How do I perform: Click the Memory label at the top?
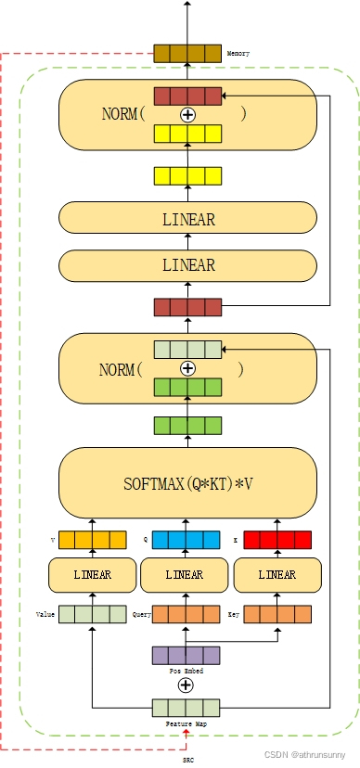click(x=238, y=54)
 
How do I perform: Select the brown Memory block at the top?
click(x=187, y=53)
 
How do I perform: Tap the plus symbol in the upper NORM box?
click(x=187, y=115)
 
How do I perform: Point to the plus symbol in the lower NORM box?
click(x=187, y=368)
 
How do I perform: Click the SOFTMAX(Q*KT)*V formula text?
click(x=186, y=483)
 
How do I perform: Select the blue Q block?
click(x=186, y=540)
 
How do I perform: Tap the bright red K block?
click(x=277, y=540)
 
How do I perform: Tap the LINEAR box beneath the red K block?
click(x=276, y=575)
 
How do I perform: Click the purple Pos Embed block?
click(x=186, y=655)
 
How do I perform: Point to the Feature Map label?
click(x=186, y=723)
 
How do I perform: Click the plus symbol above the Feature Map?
click(x=186, y=685)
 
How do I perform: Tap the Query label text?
click(x=141, y=614)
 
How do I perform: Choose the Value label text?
click(x=45, y=614)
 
